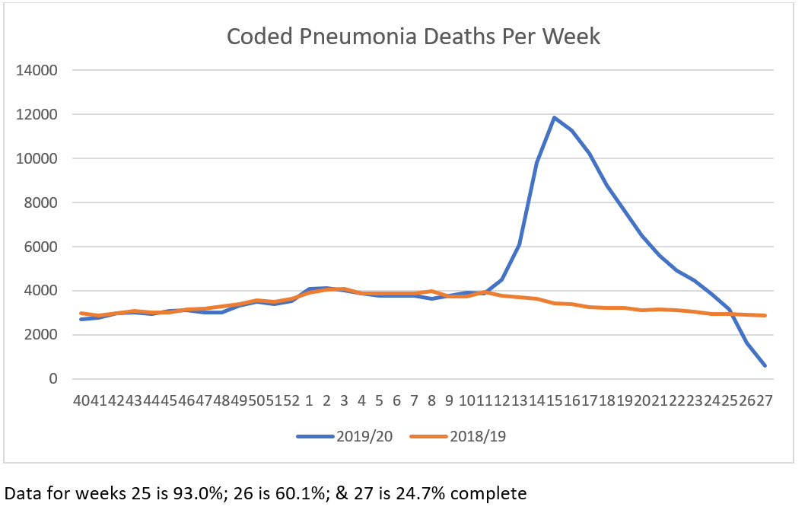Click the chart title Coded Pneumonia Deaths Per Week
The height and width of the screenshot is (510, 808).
click(x=414, y=36)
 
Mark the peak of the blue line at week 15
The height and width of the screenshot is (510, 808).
click(x=555, y=117)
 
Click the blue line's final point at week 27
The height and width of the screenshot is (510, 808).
click(x=765, y=366)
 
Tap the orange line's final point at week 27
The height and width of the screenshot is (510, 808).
click(x=765, y=315)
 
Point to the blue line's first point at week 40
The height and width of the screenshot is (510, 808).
click(x=81, y=319)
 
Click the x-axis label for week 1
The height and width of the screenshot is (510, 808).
click(x=310, y=400)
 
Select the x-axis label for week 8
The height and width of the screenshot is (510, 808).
click(x=431, y=400)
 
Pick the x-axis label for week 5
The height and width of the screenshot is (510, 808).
click(x=379, y=400)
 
